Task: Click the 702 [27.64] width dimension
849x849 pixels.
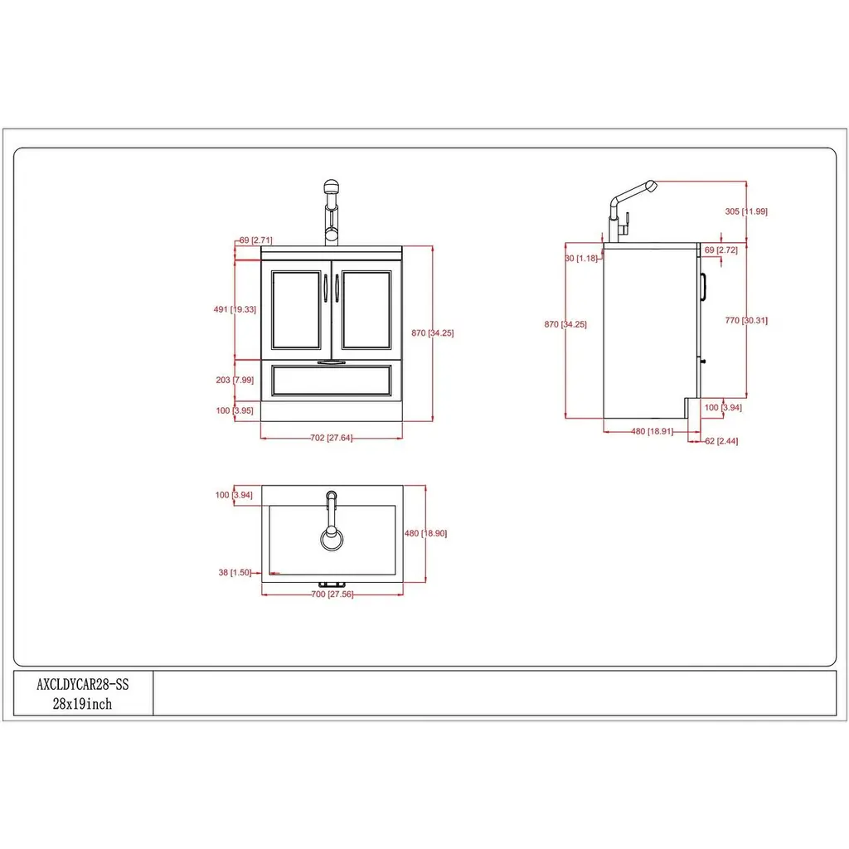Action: pos(332,438)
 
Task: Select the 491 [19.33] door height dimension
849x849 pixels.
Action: pos(235,309)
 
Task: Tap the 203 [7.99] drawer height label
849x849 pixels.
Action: pos(235,380)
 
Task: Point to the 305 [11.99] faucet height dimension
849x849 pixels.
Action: pos(746,211)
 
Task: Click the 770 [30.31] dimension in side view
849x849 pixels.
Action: pos(746,320)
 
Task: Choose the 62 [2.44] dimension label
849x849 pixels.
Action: pos(721,441)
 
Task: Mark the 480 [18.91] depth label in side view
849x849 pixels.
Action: pos(652,431)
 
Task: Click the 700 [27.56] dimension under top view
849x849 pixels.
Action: pos(332,594)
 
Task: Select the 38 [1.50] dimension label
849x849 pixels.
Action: pos(235,572)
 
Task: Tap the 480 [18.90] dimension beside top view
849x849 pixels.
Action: pos(425,533)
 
